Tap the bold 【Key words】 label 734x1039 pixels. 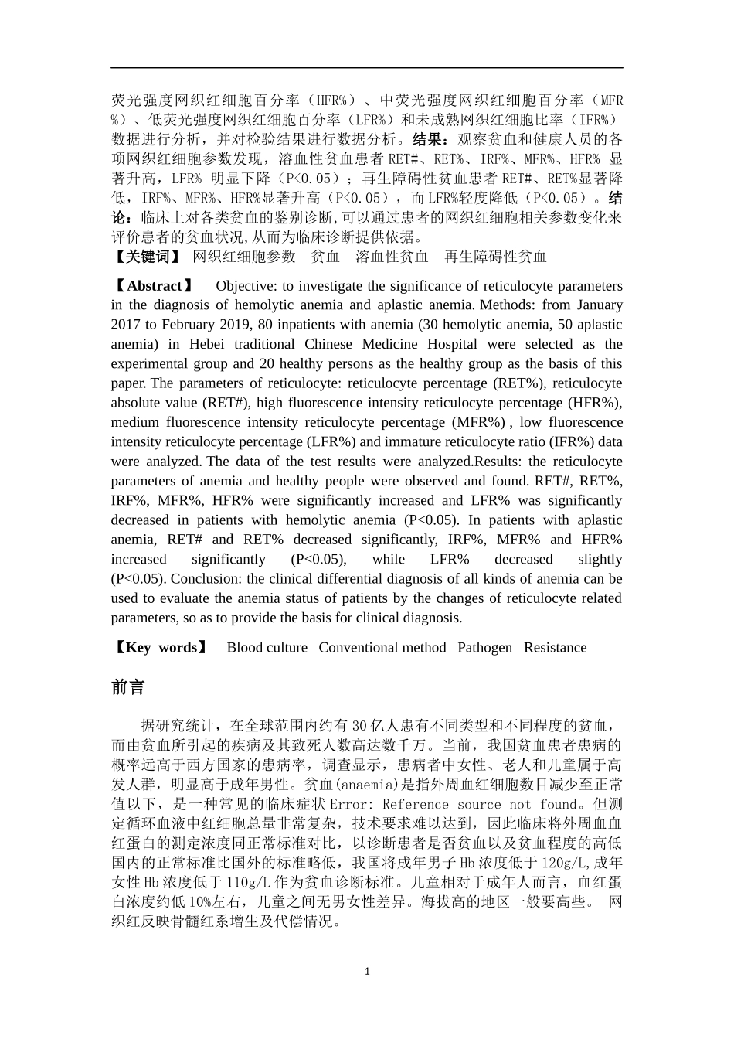tap(160, 648)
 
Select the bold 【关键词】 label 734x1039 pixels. tap(146, 257)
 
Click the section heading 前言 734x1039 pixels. tap(127, 687)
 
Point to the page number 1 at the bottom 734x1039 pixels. tap(367, 971)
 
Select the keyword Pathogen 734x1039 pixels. tap(484, 648)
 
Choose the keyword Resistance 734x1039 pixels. tap(555, 648)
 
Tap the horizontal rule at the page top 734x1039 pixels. tap(367, 68)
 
